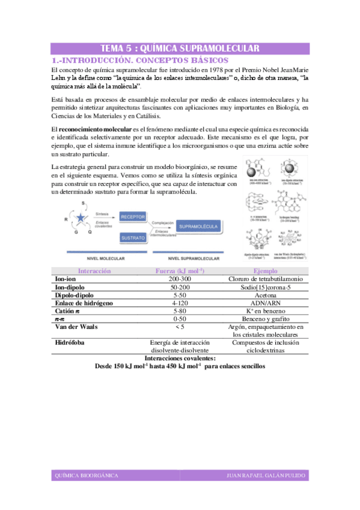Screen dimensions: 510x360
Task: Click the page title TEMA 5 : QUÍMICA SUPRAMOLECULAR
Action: pos(180,49)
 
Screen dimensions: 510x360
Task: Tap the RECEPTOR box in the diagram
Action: pos(137,217)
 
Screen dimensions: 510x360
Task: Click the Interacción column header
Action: pos(94,271)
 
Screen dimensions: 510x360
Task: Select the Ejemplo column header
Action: pos(266,271)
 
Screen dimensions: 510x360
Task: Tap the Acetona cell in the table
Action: pos(266,295)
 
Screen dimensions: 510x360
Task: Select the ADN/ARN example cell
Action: pos(266,303)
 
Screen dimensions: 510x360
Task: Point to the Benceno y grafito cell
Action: pos(266,319)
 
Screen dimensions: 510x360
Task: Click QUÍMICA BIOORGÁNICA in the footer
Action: pos(87,476)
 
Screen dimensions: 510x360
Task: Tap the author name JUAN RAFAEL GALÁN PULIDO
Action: pos(266,476)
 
